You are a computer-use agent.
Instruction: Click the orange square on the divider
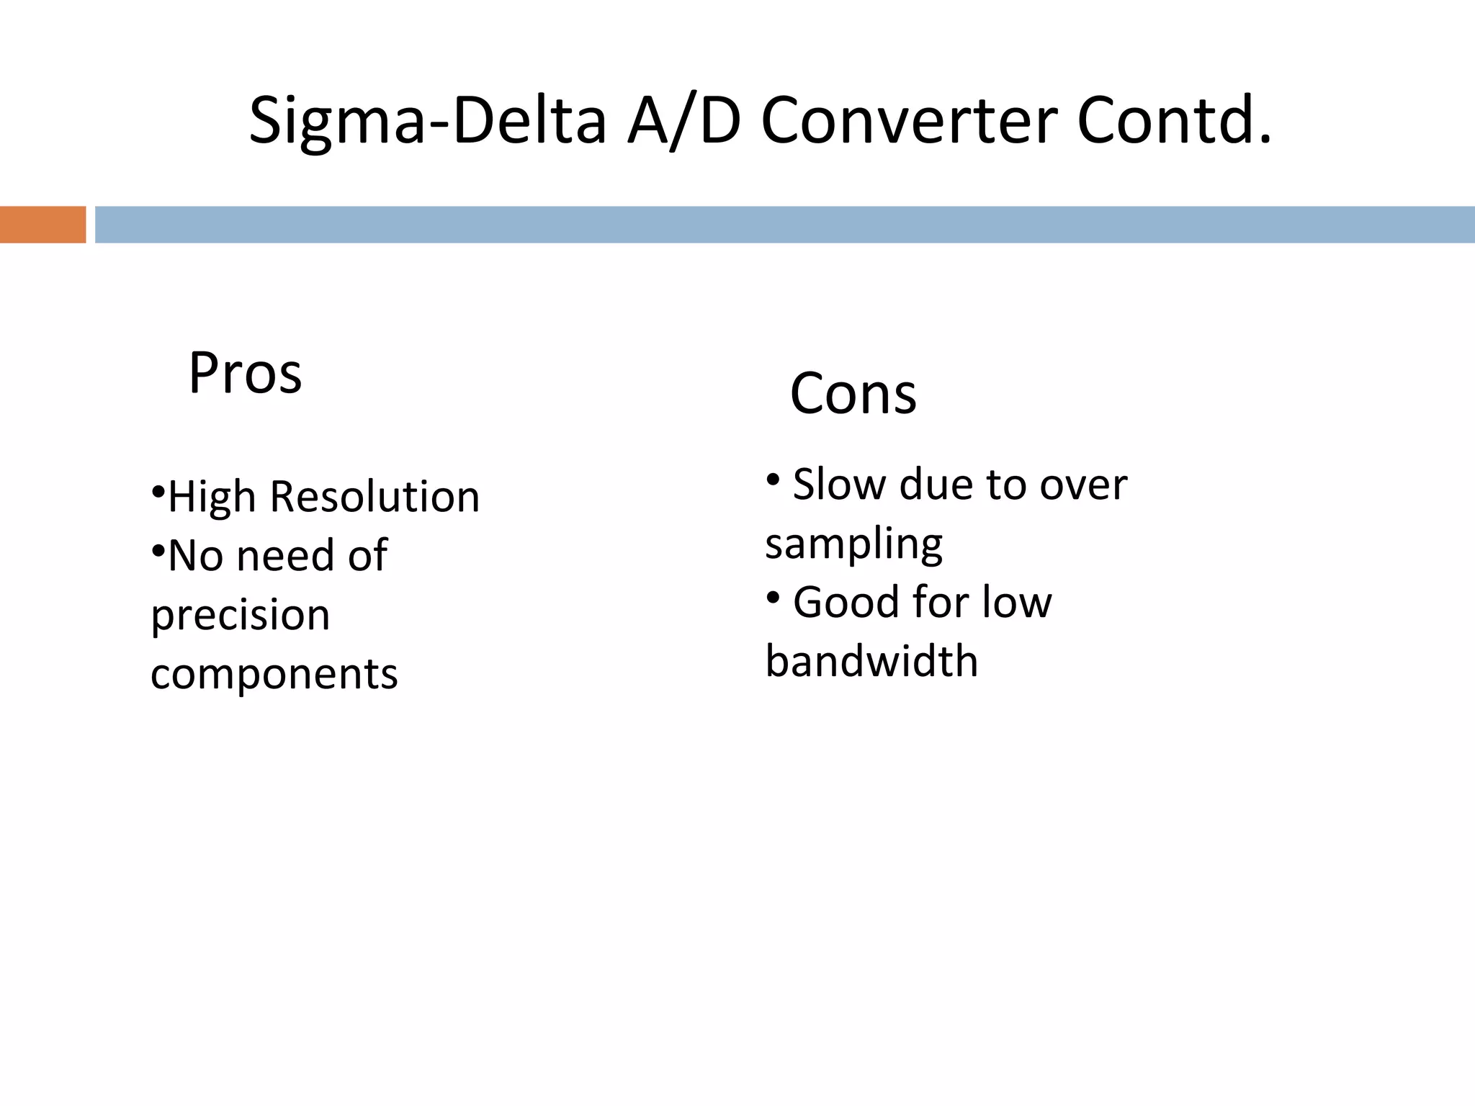pyautogui.click(x=42, y=225)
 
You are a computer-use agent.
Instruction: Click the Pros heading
pyautogui.click(x=245, y=373)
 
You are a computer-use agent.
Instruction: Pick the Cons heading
pyautogui.click(x=853, y=394)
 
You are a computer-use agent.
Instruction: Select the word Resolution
pyautogui.click(x=375, y=497)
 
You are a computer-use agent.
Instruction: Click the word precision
pyautogui.click(x=241, y=616)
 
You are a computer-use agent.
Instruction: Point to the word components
pyautogui.click(x=274, y=675)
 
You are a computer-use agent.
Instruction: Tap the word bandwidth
pyautogui.click(x=871, y=661)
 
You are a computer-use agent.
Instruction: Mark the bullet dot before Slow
pyautogui.click(x=773, y=479)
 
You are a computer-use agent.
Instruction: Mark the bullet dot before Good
pyautogui.click(x=773, y=597)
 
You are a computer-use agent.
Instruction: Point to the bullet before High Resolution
pyautogui.click(x=158, y=493)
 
